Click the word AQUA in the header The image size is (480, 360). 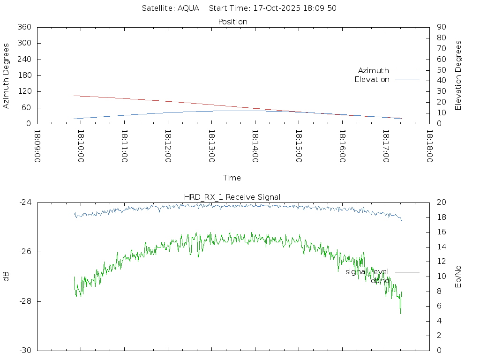[x=188, y=8]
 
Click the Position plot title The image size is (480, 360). [x=233, y=22]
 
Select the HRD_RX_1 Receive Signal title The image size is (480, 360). [x=233, y=197]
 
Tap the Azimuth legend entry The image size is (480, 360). [x=374, y=70]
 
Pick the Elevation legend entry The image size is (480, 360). [x=372, y=80]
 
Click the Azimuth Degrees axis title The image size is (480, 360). [x=6, y=75]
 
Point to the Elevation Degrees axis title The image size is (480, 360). [x=458, y=75]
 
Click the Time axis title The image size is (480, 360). [x=232, y=178]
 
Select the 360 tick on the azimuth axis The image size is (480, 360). [x=24, y=27]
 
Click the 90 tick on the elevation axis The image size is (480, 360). [x=441, y=27]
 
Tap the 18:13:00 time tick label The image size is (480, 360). [x=211, y=146]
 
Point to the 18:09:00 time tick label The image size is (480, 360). [x=37, y=146]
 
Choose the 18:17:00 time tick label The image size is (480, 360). [x=385, y=146]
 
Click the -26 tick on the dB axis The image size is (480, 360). [x=25, y=252]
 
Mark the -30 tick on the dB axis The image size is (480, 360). [x=25, y=350]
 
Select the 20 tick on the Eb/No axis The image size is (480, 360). [x=441, y=202]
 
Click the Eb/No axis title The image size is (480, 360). [x=458, y=277]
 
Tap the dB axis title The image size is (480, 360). [x=6, y=277]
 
